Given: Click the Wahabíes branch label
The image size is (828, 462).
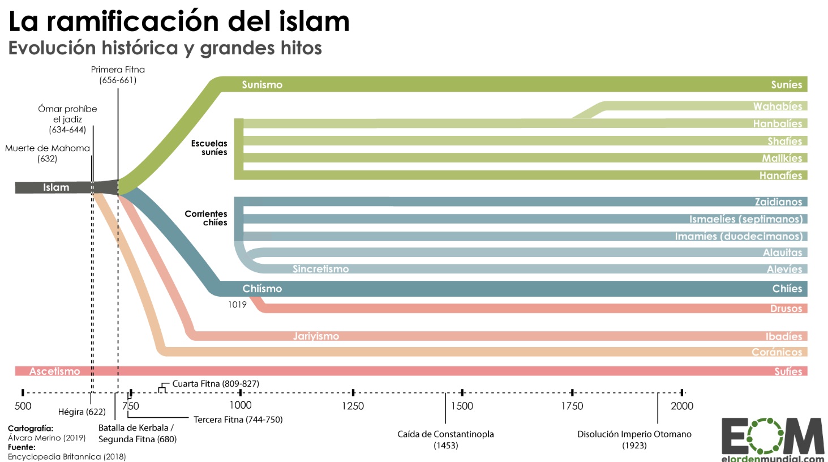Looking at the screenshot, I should click(777, 106).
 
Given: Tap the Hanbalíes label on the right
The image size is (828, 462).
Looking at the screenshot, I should click(777, 124).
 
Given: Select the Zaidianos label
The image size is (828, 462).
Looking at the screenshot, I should click(778, 202).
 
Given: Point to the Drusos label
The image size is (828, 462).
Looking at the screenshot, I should click(786, 309).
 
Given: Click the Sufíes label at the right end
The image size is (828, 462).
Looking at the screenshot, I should click(788, 371).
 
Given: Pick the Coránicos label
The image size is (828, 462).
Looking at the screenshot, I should click(776, 352).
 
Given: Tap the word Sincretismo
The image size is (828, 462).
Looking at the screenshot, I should click(320, 269).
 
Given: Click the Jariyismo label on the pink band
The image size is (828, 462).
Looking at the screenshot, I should click(316, 336).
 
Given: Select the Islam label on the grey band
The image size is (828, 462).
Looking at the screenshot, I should click(56, 187).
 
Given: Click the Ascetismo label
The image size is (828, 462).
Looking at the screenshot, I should click(54, 371).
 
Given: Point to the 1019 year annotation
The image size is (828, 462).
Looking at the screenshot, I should click(237, 305).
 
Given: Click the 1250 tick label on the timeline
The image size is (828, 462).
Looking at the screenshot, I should click(353, 406).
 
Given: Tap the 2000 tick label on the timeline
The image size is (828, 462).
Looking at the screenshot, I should click(681, 406).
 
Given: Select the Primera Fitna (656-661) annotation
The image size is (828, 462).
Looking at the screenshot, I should click(118, 75).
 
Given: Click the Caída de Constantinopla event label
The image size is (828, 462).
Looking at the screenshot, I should click(445, 439).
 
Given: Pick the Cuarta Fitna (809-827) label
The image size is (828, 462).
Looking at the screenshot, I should click(216, 384).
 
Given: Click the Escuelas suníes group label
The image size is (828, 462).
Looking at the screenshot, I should click(209, 148).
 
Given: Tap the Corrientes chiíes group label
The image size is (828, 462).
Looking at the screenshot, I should click(206, 218).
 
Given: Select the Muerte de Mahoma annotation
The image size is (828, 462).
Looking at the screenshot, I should click(48, 153).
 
